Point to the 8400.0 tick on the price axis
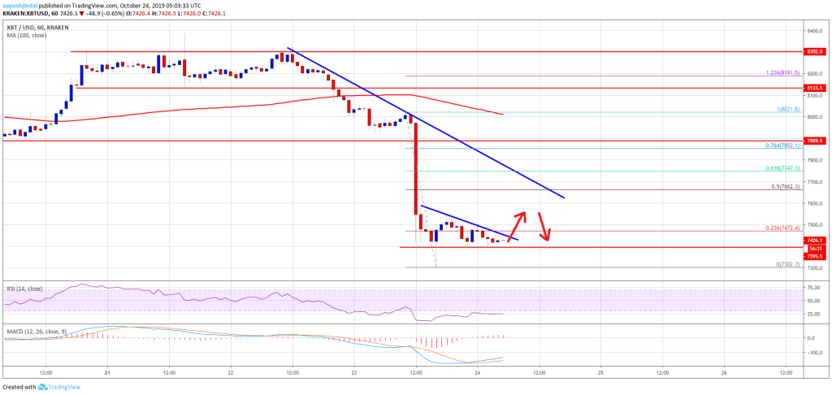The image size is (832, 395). pyautogui.click(x=813, y=31)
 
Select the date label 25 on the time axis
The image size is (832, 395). pyautogui.click(x=600, y=372)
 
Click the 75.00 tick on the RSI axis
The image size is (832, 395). pyautogui.click(x=812, y=288)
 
